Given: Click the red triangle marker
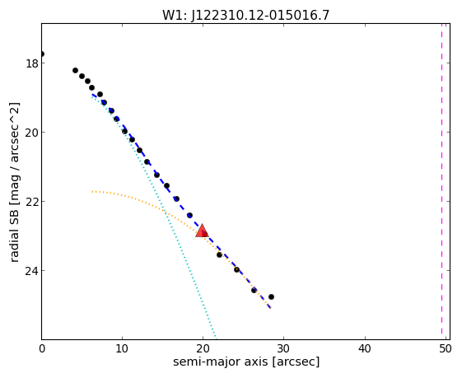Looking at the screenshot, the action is click(x=202, y=231).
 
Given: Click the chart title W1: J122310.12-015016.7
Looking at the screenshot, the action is click(x=245, y=16).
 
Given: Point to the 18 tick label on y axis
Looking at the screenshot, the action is click(x=32, y=63).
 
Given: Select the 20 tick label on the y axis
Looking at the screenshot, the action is click(x=31, y=133).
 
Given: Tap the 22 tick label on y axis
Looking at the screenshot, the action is click(x=31, y=202).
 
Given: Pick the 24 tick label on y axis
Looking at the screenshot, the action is click(x=31, y=271).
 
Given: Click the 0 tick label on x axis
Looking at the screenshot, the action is click(x=42, y=349).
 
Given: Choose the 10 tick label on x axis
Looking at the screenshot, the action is click(x=122, y=349).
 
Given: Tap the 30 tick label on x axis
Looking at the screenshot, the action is click(x=284, y=349).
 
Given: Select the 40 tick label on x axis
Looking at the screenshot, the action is click(x=365, y=349).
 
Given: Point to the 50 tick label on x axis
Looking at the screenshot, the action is click(x=446, y=349).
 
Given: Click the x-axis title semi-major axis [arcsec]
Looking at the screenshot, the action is click(x=246, y=362).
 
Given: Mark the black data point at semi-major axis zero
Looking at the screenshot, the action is click(x=42, y=54).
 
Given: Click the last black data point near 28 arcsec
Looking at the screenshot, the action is click(x=271, y=296).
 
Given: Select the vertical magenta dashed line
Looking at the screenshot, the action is click(x=441, y=179).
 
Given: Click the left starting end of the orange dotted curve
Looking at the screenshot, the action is click(x=92, y=192).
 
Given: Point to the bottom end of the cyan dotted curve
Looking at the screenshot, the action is click(x=216, y=338).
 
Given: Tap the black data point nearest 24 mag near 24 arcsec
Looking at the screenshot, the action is click(x=236, y=269).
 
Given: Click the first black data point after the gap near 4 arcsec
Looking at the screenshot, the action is click(x=76, y=71).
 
